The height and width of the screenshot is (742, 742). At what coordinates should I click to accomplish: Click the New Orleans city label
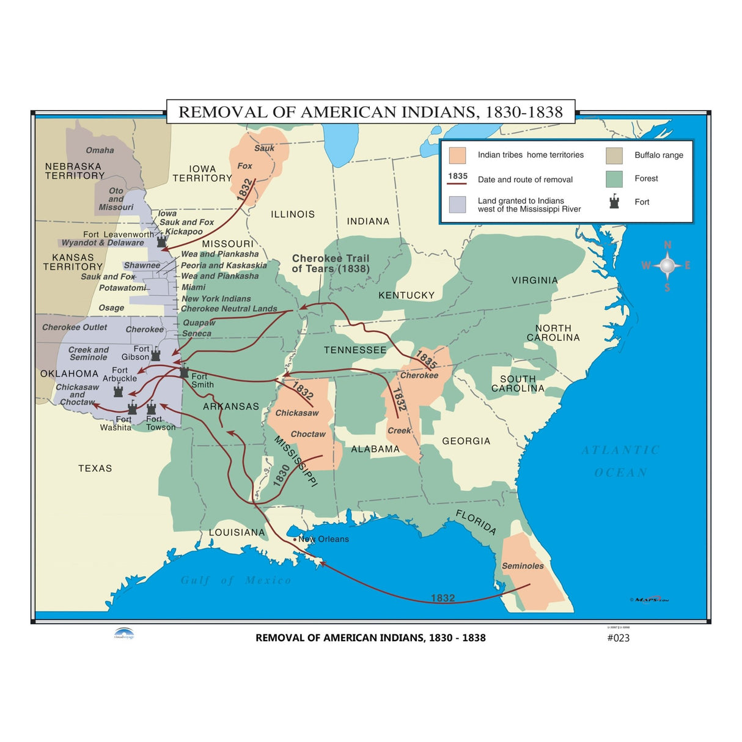323,539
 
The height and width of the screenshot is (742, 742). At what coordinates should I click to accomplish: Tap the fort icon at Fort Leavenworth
161,241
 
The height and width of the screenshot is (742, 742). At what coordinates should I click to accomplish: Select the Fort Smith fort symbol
184,372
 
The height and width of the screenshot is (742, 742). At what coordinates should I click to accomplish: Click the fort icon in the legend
614,202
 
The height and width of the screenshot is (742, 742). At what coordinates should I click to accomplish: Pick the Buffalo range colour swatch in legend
614,155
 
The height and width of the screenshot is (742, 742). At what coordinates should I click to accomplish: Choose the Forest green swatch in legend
614,178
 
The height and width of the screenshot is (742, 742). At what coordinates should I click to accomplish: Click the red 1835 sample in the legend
457,177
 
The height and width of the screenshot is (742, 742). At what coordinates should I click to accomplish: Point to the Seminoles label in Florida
523,566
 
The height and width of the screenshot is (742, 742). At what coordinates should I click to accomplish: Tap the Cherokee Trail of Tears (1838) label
331,263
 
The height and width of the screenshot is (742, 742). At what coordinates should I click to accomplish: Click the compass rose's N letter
667,245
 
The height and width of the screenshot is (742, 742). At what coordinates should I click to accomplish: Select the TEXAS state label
95,468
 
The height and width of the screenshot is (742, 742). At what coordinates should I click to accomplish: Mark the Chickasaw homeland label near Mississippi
297,413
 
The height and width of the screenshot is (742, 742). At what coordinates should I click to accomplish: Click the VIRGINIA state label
535,281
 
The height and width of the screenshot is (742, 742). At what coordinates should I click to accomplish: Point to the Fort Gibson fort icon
156,354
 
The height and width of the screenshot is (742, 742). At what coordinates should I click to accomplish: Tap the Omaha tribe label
100,150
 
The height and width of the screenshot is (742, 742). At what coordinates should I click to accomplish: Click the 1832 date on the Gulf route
443,598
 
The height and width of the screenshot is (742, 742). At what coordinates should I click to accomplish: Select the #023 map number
618,637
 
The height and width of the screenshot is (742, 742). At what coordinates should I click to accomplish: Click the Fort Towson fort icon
152,408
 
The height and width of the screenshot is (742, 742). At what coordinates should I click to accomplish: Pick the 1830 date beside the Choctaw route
281,475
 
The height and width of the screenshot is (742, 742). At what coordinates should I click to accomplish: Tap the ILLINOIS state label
293,215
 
